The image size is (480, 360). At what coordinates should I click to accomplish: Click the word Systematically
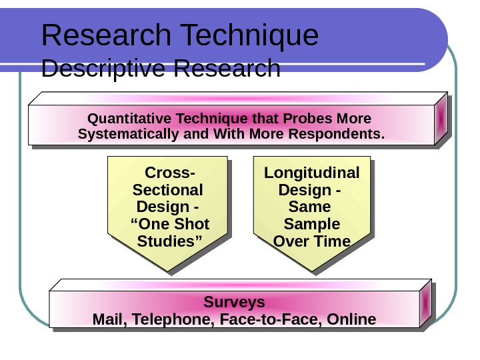coord(128,135)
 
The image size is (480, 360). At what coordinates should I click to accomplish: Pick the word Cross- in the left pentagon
coord(170,173)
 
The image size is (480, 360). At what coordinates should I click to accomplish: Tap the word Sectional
coord(168,190)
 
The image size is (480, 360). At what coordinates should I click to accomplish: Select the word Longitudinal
coord(311,173)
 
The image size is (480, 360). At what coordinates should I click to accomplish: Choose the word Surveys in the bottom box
coord(234,302)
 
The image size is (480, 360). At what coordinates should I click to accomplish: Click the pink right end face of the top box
coord(441,118)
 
